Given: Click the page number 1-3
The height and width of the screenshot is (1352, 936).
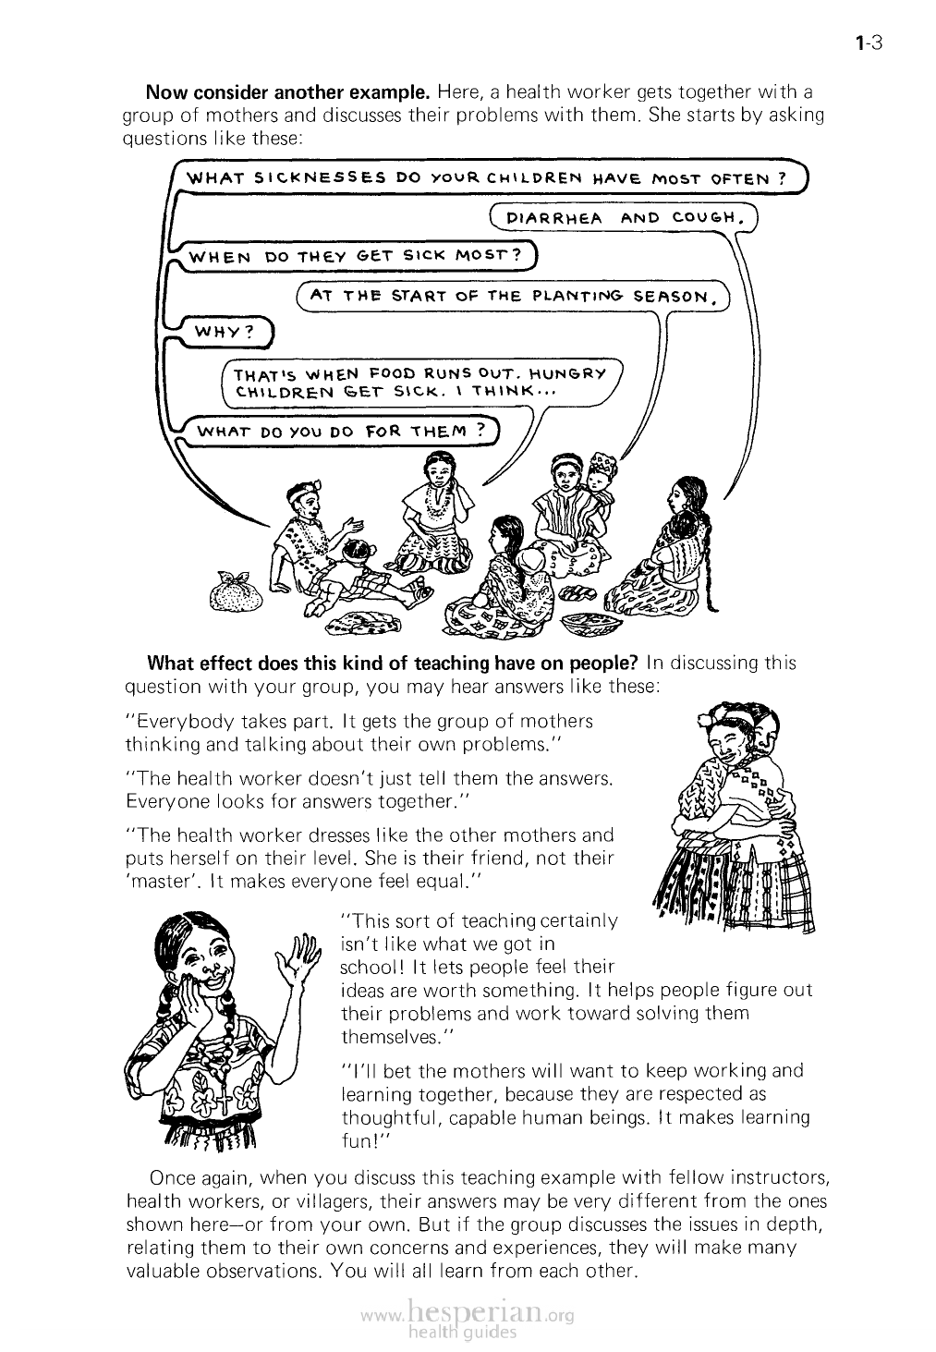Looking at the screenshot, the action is (x=869, y=43).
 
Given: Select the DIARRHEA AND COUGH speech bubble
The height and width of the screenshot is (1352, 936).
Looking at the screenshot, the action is (x=624, y=217).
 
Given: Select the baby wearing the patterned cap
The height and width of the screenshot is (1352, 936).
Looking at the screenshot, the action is (x=601, y=475).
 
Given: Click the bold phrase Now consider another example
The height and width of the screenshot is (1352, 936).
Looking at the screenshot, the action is (x=288, y=92).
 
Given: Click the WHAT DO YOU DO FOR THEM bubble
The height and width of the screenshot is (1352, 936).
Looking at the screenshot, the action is (x=341, y=431).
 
